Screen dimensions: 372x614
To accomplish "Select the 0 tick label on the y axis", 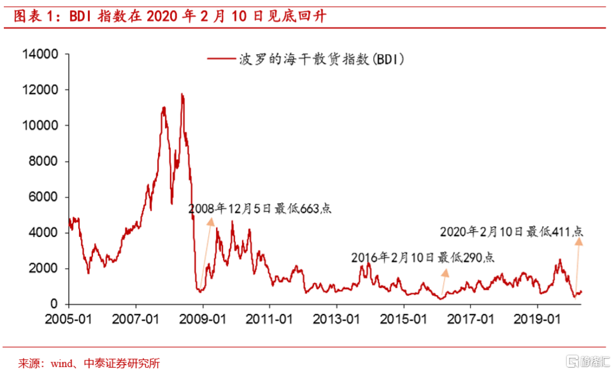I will click(x=55, y=304).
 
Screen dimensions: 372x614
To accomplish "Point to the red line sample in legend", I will click(x=220, y=59).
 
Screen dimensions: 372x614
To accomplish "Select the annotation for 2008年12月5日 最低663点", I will click(x=260, y=208).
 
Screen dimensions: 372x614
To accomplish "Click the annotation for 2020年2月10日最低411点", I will click(x=512, y=231).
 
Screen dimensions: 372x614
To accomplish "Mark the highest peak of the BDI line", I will click(x=182, y=94).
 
